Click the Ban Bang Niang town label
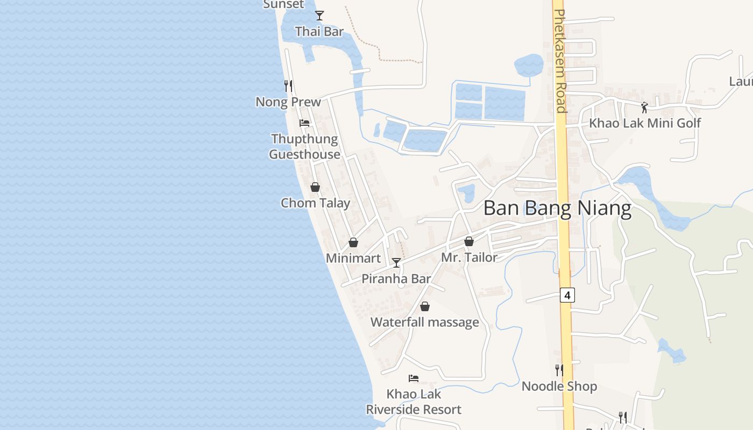tap(557, 208)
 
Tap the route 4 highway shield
tap(567, 295)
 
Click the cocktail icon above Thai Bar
tap(319, 16)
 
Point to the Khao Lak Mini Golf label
tap(645, 123)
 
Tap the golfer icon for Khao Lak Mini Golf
tap(644, 107)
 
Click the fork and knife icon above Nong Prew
tap(288, 85)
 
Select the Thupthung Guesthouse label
tap(304, 147)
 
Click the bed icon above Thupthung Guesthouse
tap(304, 123)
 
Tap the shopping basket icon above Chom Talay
tap(315, 187)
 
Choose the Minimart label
tap(353, 258)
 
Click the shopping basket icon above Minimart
tap(353, 242)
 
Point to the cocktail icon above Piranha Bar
tap(396, 262)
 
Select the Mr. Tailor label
tap(469, 257)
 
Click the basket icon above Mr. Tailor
tap(469, 242)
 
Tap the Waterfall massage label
tap(425, 322)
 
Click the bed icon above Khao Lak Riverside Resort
tap(414, 378)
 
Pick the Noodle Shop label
tap(559, 386)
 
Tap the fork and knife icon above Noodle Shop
tap(559, 370)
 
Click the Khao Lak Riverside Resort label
tap(414, 402)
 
